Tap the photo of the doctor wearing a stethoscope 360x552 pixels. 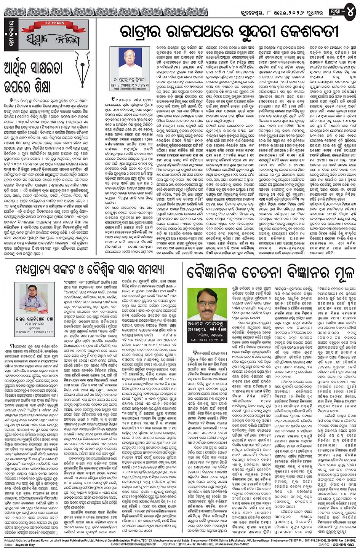click(x=34, y=297)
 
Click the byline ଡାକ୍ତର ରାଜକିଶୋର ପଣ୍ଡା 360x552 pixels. click(x=34, y=315)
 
